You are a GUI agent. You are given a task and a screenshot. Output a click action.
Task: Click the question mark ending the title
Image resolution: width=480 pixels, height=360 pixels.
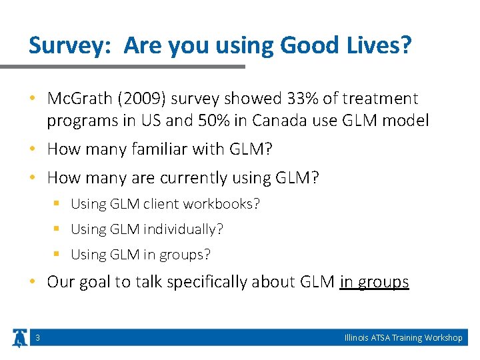[x=406, y=46]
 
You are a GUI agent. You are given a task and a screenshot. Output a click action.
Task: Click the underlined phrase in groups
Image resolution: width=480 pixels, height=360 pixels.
[x=374, y=282]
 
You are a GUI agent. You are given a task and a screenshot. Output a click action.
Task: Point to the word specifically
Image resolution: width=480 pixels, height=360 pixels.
[x=209, y=282]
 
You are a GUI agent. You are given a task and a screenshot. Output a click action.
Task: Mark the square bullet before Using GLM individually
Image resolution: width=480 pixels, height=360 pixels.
[x=57, y=229]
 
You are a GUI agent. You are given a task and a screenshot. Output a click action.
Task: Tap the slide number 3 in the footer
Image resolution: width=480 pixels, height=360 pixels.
[x=37, y=338]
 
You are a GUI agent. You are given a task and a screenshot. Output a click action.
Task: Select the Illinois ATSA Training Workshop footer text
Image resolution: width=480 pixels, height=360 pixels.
[x=403, y=338]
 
